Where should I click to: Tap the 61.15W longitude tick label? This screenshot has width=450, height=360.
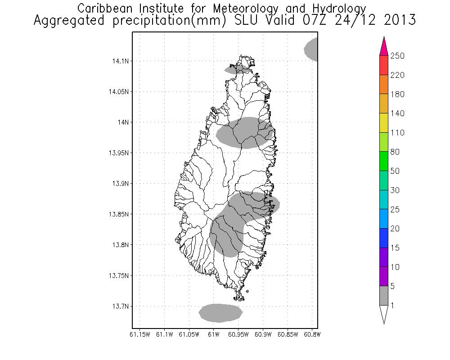(x=139, y=334)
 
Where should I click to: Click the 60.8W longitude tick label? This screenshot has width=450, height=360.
(x=311, y=334)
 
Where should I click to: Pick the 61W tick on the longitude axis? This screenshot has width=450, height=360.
(x=214, y=334)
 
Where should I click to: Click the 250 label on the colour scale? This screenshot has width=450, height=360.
(x=397, y=56)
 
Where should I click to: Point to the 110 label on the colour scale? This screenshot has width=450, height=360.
(x=397, y=133)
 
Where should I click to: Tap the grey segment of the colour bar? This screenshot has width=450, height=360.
(x=383, y=296)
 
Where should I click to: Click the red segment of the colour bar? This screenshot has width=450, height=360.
(x=383, y=65)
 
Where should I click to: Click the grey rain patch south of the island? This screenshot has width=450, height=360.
(x=220, y=313)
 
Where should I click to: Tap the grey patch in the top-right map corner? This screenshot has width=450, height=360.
(x=312, y=49)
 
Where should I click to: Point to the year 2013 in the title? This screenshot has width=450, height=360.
(x=396, y=21)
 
